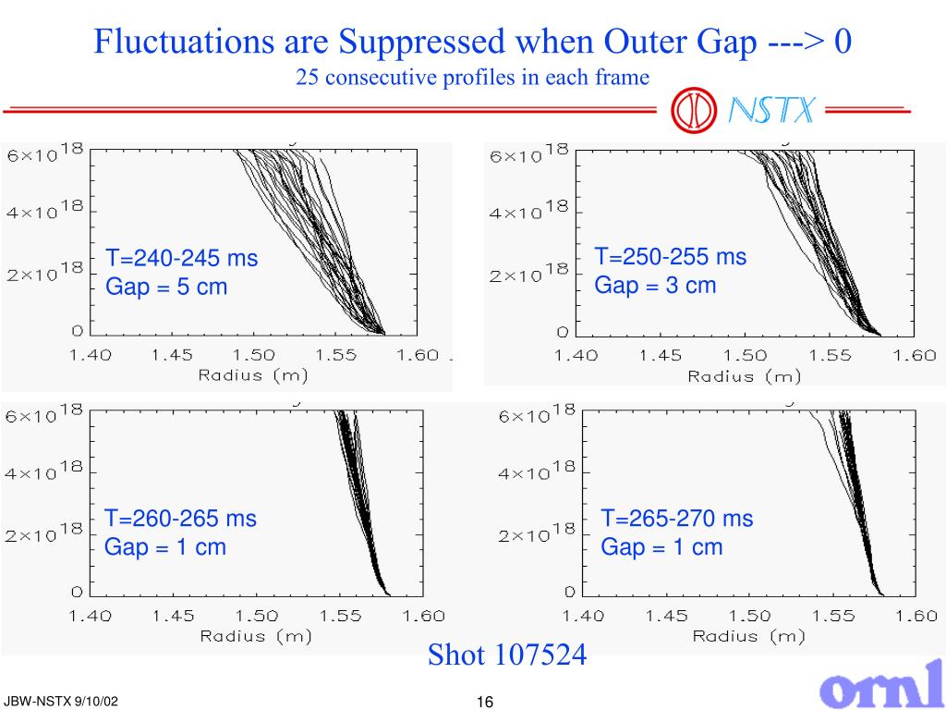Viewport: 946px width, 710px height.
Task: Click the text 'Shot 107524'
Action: coord(506,655)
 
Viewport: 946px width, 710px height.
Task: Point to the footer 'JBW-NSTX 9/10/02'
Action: coord(61,703)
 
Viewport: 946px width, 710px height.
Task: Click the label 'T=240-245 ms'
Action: coord(181,258)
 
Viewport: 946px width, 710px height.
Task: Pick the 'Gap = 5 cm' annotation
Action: coord(166,287)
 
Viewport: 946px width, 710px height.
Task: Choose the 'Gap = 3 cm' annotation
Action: coord(655,285)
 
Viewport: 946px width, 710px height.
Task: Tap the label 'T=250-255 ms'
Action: coord(670,256)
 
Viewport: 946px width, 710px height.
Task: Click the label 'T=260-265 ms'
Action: coord(180,519)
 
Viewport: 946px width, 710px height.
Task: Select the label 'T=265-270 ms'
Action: coord(677,519)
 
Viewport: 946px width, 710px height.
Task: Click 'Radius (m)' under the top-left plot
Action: coord(253,375)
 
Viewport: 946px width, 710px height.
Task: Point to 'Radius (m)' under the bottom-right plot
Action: coord(748,636)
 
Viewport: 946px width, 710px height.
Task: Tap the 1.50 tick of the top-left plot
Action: coord(253,355)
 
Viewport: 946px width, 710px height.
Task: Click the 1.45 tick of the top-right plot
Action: coord(661,356)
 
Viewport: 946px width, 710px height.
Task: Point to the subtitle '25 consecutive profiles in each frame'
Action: coord(473,78)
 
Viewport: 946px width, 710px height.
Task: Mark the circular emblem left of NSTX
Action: coord(694,111)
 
